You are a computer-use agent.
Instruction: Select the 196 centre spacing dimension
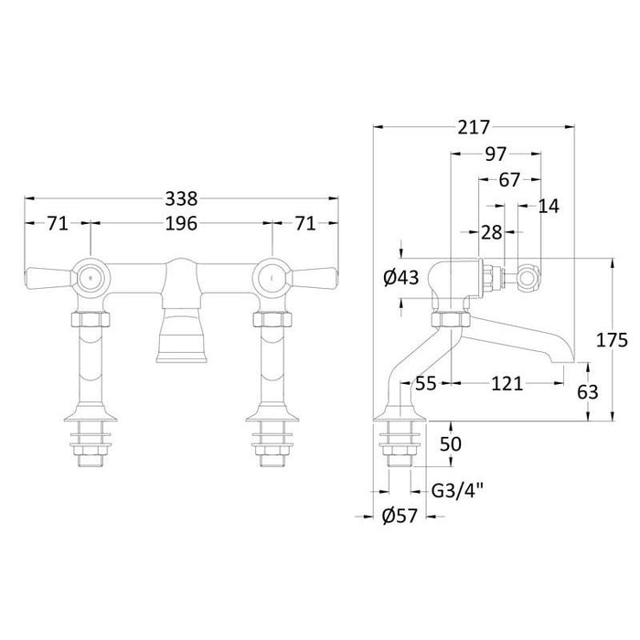(181, 223)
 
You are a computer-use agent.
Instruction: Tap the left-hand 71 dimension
(57, 223)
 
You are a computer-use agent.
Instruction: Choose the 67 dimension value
(509, 179)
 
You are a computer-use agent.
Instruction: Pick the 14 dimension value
(549, 206)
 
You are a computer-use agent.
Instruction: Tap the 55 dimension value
(425, 383)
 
